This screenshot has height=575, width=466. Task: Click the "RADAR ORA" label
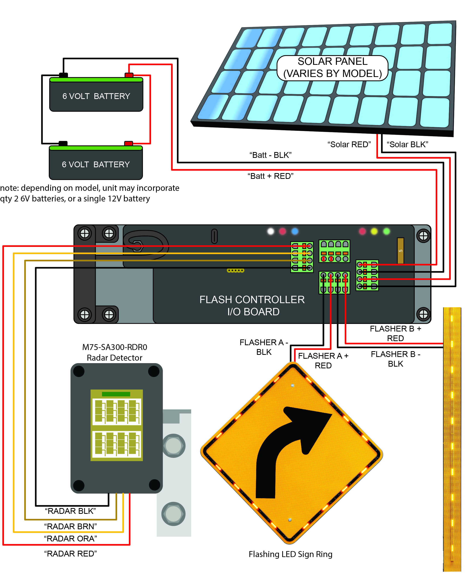coord(70,539)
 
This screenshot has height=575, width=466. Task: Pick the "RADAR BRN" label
coord(70,526)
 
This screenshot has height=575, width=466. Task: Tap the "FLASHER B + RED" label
coord(395,333)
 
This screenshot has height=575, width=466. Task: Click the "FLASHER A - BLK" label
coord(264,347)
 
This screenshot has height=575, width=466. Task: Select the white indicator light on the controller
coord(271,231)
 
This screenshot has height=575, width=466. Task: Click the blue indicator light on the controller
coord(295,231)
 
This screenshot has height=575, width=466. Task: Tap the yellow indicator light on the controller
coord(374,231)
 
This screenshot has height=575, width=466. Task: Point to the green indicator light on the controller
coord(386,231)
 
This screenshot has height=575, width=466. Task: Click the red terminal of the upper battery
coord(129,75)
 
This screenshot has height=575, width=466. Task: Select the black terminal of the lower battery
coord(63,144)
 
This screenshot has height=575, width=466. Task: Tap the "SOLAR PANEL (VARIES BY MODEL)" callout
coord(332,68)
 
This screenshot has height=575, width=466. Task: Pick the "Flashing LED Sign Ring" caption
coord(291,554)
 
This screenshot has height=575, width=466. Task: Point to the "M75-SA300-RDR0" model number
coord(115,347)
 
